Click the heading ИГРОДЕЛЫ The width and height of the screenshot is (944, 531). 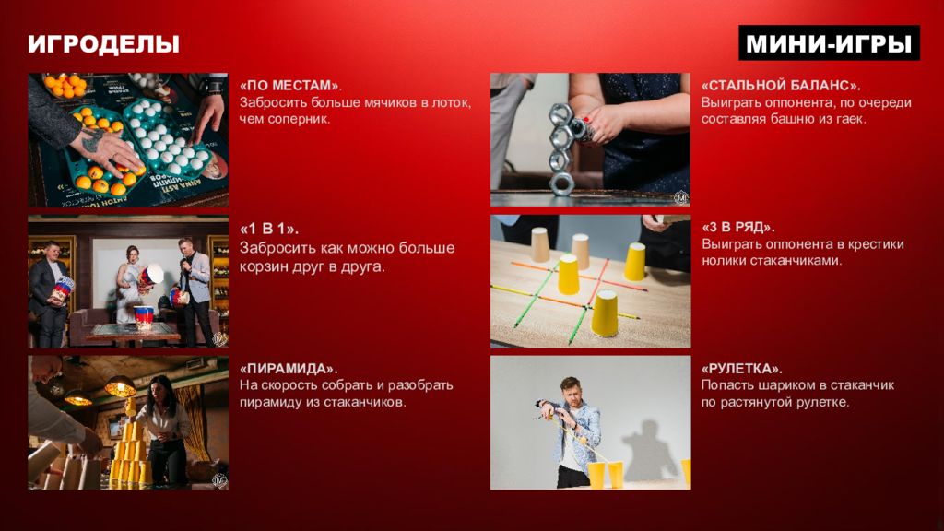coord(103,44)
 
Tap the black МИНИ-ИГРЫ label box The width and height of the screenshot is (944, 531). coord(829,42)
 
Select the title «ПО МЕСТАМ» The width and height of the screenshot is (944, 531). coord(290,86)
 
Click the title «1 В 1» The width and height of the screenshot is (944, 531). coord(269,229)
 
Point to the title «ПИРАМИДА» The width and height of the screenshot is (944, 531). coord(289,369)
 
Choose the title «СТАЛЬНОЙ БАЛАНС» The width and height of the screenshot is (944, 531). coord(781,86)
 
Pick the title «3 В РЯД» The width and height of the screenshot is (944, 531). coord(738,228)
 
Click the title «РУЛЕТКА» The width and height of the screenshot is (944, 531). coord(742,369)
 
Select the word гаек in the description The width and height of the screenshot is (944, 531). coord(851,119)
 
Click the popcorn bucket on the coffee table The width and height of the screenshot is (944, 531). coord(143,317)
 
